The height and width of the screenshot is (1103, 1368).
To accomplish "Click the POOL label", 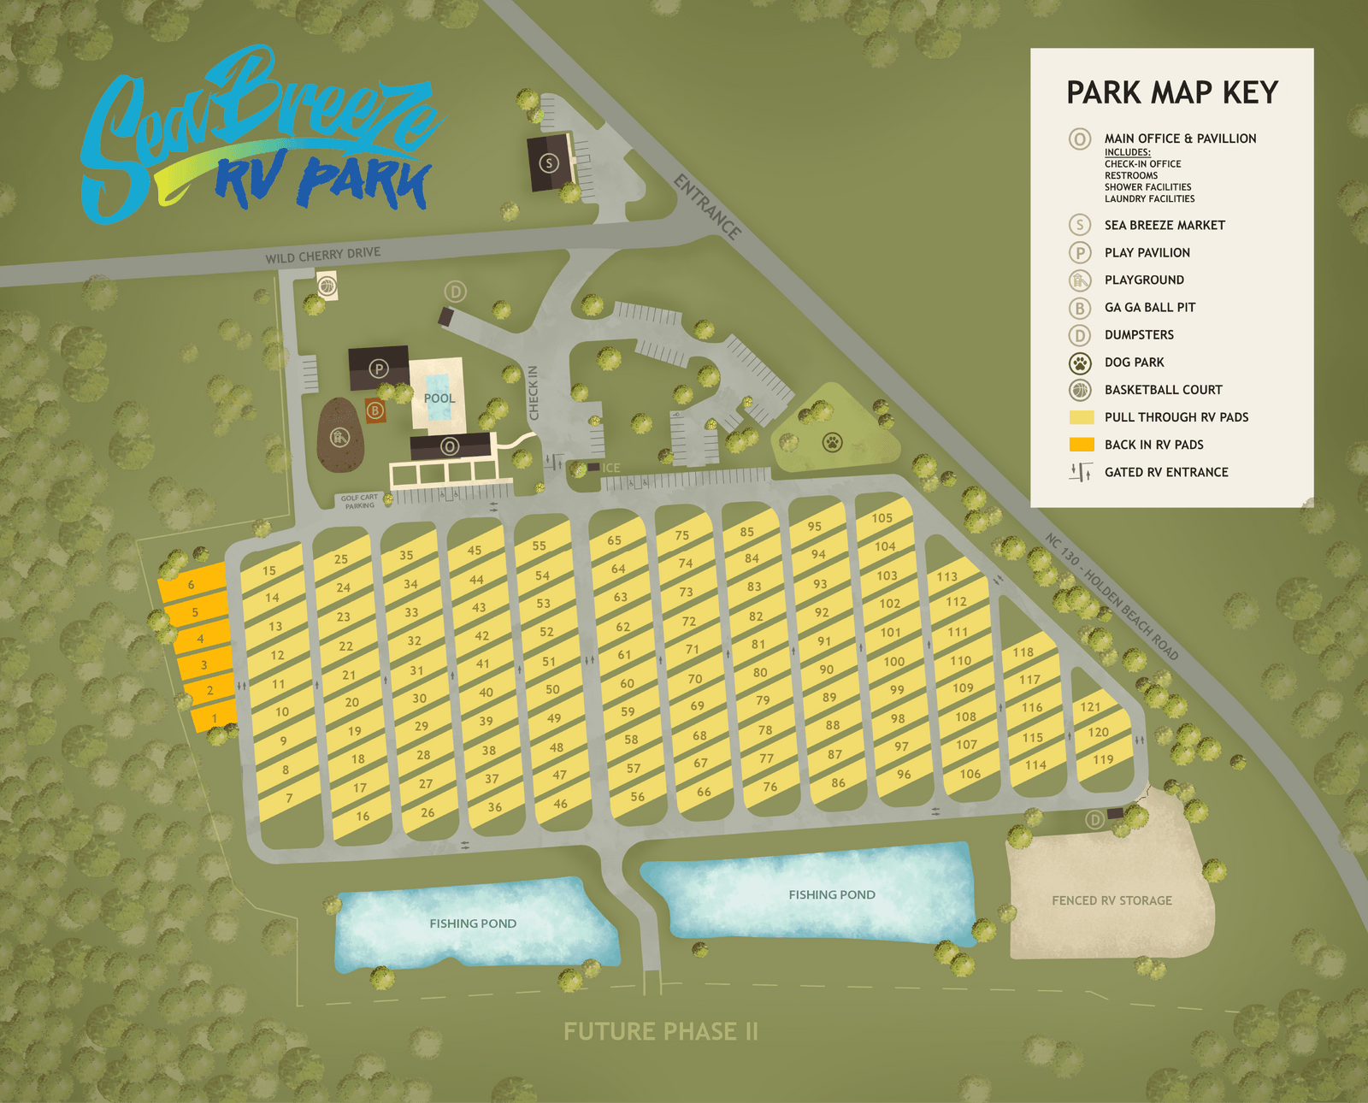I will tap(439, 398).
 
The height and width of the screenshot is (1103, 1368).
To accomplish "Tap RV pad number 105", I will tap(882, 518).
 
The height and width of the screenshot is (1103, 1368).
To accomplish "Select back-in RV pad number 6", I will tap(192, 585).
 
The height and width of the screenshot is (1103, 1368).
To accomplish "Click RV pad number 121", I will tap(1090, 707).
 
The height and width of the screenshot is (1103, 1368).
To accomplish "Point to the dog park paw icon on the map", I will tap(832, 442).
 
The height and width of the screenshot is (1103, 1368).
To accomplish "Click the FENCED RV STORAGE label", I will tap(1111, 900).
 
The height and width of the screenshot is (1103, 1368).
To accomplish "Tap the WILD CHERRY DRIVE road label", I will tap(323, 255).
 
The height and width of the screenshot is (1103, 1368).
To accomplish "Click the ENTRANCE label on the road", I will tap(707, 207).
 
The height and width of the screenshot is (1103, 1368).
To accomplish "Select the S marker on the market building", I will tap(549, 162).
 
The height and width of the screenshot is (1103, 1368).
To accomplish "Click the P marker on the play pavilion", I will tap(379, 369).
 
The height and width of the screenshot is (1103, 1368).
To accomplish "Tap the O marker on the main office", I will tap(450, 446).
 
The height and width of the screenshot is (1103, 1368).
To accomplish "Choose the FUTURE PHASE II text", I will tap(660, 1031).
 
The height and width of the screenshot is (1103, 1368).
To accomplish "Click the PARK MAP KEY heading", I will tap(1171, 92).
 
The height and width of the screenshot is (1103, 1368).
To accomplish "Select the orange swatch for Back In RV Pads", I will tap(1082, 445).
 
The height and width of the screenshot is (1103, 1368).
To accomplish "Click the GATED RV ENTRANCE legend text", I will tap(1166, 472).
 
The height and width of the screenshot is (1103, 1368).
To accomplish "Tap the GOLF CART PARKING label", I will tap(359, 501).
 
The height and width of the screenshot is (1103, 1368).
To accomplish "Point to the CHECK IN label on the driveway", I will tap(534, 392).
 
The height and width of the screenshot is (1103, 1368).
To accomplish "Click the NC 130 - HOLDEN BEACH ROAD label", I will tap(1111, 596).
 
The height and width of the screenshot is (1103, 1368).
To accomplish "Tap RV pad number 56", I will tap(637, 797).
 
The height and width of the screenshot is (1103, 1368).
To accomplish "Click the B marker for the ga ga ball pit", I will tap(374, 410).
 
